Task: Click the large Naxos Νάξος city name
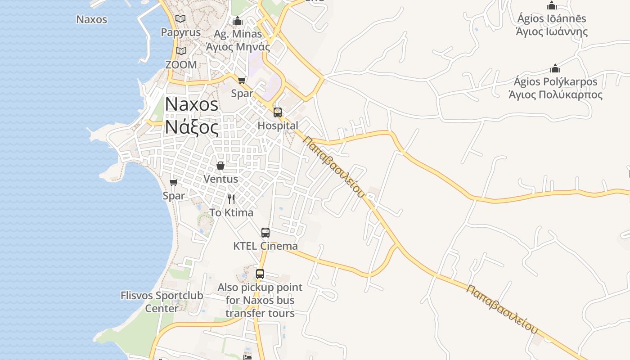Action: (x=192, y=116)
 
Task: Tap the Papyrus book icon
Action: (x=180, y=19)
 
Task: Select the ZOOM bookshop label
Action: (x=181, y=64)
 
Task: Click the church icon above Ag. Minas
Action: (x=238, y=21)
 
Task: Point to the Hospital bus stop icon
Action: (x=278, y=112)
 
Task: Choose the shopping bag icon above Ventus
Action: (x=220, y=166)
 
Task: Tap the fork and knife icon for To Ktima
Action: (x=231, y=199)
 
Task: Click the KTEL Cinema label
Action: (x=265, y=246)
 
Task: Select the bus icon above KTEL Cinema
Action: (x=265, y=233)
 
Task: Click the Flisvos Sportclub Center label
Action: (x=162, y=302)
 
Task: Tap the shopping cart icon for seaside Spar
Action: (x=173, y=183)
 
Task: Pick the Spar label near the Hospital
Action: (x=242, y=93)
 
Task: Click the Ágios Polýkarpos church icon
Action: (x=555, y=68)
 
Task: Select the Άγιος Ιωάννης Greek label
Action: (x=552, y=31)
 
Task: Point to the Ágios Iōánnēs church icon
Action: (x=552, y=6)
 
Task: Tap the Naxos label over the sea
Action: (x=92, y=19)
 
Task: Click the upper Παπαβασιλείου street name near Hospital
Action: (x=333, y=167)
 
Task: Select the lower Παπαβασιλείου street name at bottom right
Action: (x=502, y=309)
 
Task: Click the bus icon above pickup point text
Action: (x=260, y=274)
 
